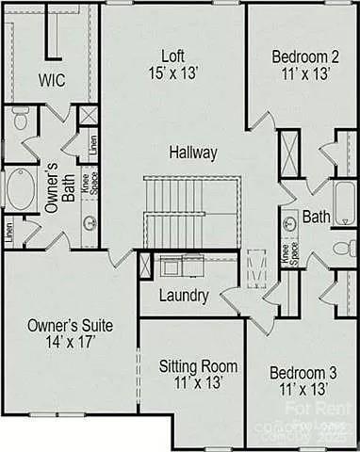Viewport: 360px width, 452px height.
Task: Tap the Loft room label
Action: tap(171, 53)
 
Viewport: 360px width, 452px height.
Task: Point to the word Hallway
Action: tap(194, 152)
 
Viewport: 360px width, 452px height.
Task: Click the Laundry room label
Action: tap(184, 296)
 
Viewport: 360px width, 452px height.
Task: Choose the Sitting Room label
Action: tap(198, 366)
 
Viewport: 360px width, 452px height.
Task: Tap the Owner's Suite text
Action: tap(70, 326)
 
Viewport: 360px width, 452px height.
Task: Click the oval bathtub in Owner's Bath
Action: tap(19, 192)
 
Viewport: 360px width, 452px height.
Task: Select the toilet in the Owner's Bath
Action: tap(20, 121)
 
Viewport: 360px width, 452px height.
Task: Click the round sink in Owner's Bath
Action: tap(90, 223)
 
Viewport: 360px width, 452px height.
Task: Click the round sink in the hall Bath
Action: tap(288, 223)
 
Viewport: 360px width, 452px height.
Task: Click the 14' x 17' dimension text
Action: tap(70, 343)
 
